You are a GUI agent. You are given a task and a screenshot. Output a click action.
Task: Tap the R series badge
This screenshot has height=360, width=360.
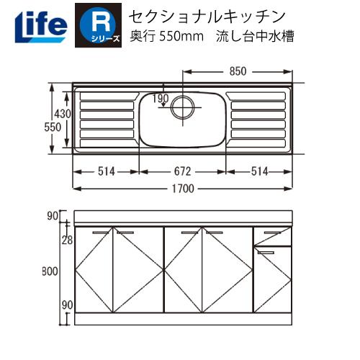tap(97, 24)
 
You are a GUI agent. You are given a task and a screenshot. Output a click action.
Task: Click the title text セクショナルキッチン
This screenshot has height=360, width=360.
tap(198, 14)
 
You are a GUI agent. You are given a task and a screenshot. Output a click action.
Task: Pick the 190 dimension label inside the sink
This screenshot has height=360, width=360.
tap(160, 98)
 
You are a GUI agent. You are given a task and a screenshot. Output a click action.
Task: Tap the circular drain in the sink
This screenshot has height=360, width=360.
tap(183, 108)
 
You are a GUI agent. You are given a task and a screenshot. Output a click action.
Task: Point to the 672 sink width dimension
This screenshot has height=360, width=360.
tap(182, 171)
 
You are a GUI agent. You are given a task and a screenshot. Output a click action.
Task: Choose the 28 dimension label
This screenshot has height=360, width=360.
tap(66, 240)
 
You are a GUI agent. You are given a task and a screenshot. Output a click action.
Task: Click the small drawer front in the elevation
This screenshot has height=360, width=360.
tap(272, 235)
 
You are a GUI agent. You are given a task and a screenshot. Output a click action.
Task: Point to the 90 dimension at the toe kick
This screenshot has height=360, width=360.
tap(66, 305)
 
